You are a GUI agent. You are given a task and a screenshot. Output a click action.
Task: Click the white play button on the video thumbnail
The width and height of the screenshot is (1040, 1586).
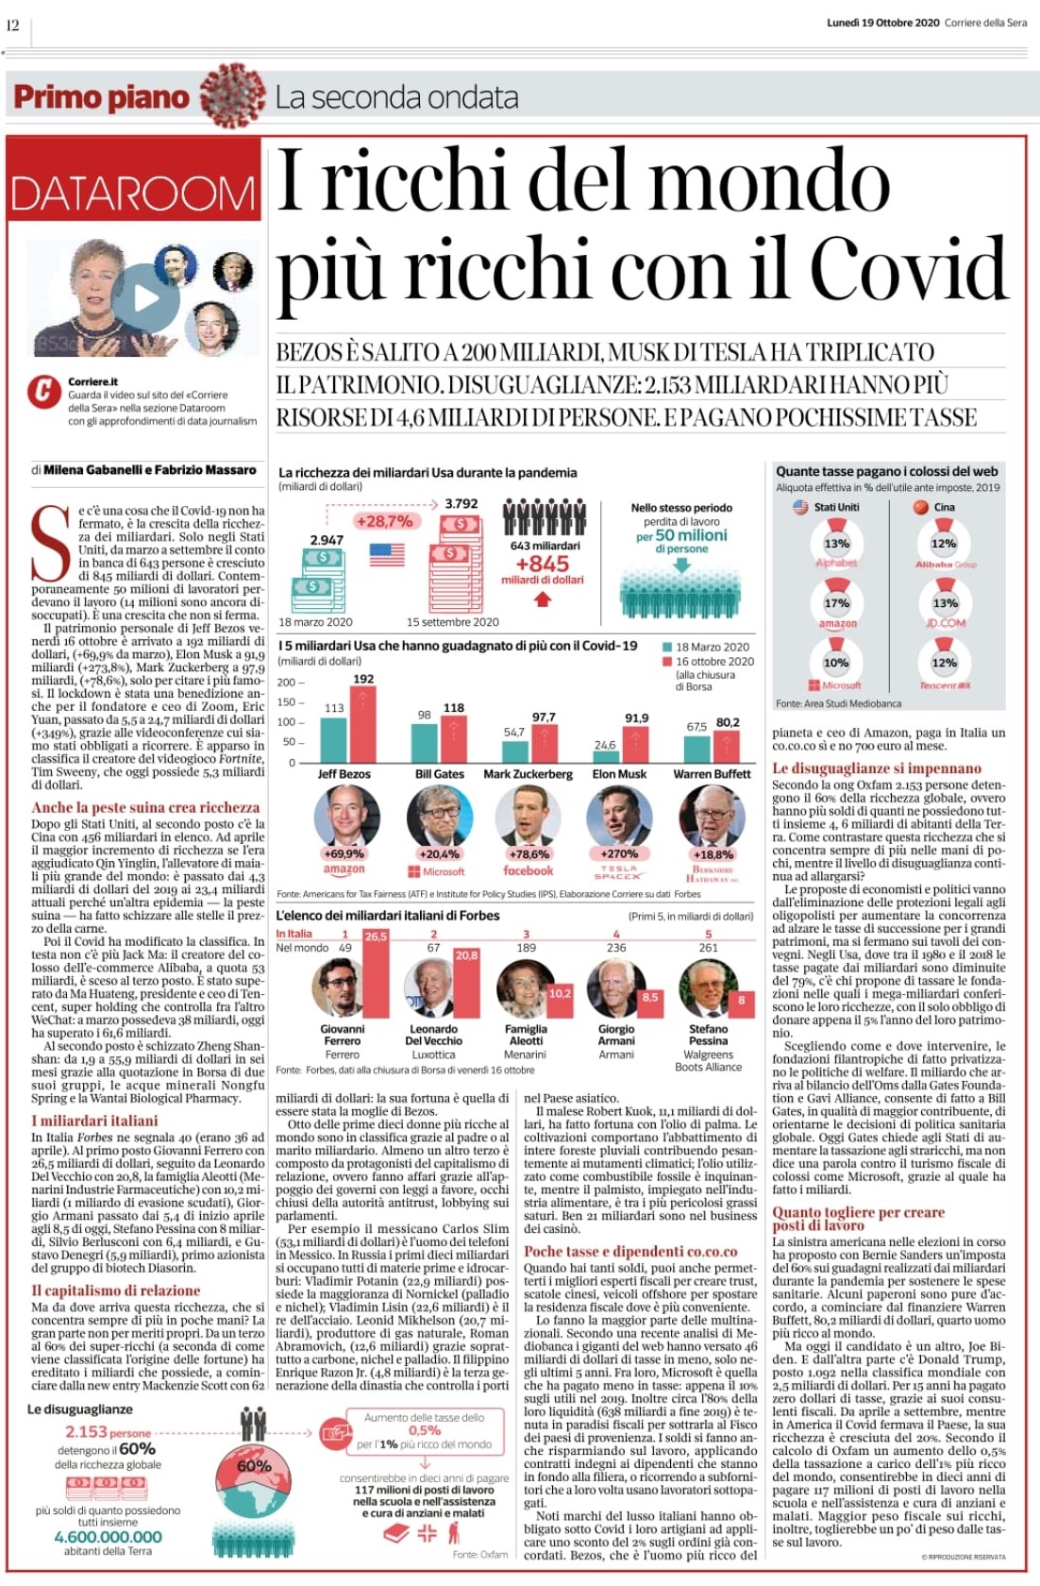[x=144, y=298]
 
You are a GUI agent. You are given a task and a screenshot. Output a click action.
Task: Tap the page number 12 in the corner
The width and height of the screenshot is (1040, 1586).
[x=13, y=25]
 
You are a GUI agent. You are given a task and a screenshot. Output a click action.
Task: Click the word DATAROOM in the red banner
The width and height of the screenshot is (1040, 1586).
[x=133, y=194]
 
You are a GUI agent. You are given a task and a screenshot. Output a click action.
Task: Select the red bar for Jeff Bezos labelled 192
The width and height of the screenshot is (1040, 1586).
[x=363, y=724]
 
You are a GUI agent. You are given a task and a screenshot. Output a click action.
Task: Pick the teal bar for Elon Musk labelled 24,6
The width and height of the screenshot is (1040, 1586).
[x=605, y=757]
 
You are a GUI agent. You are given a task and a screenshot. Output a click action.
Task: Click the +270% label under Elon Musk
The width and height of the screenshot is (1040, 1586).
[x=619, y=853]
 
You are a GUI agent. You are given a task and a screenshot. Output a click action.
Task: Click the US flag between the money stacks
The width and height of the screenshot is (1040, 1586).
[x=387, y=554]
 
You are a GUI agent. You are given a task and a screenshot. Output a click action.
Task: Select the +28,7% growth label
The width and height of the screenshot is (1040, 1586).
[x=385, y=521]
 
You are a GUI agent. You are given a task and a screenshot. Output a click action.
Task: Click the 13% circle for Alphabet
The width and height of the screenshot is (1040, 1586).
[x=836, y=544]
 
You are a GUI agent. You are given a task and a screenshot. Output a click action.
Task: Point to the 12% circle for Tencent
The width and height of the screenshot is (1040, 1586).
[x=944, y=663]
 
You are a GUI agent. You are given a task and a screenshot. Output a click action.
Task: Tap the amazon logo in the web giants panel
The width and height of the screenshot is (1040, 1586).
[x=837, y=624]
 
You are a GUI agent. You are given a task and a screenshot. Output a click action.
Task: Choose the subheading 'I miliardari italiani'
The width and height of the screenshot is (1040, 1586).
[x=94, y=1121]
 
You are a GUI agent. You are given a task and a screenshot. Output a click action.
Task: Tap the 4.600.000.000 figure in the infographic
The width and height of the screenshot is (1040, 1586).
[x=108, y=1536]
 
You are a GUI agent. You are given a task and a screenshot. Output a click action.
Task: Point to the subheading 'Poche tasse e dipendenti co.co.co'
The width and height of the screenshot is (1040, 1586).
[x=630, y=1251]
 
